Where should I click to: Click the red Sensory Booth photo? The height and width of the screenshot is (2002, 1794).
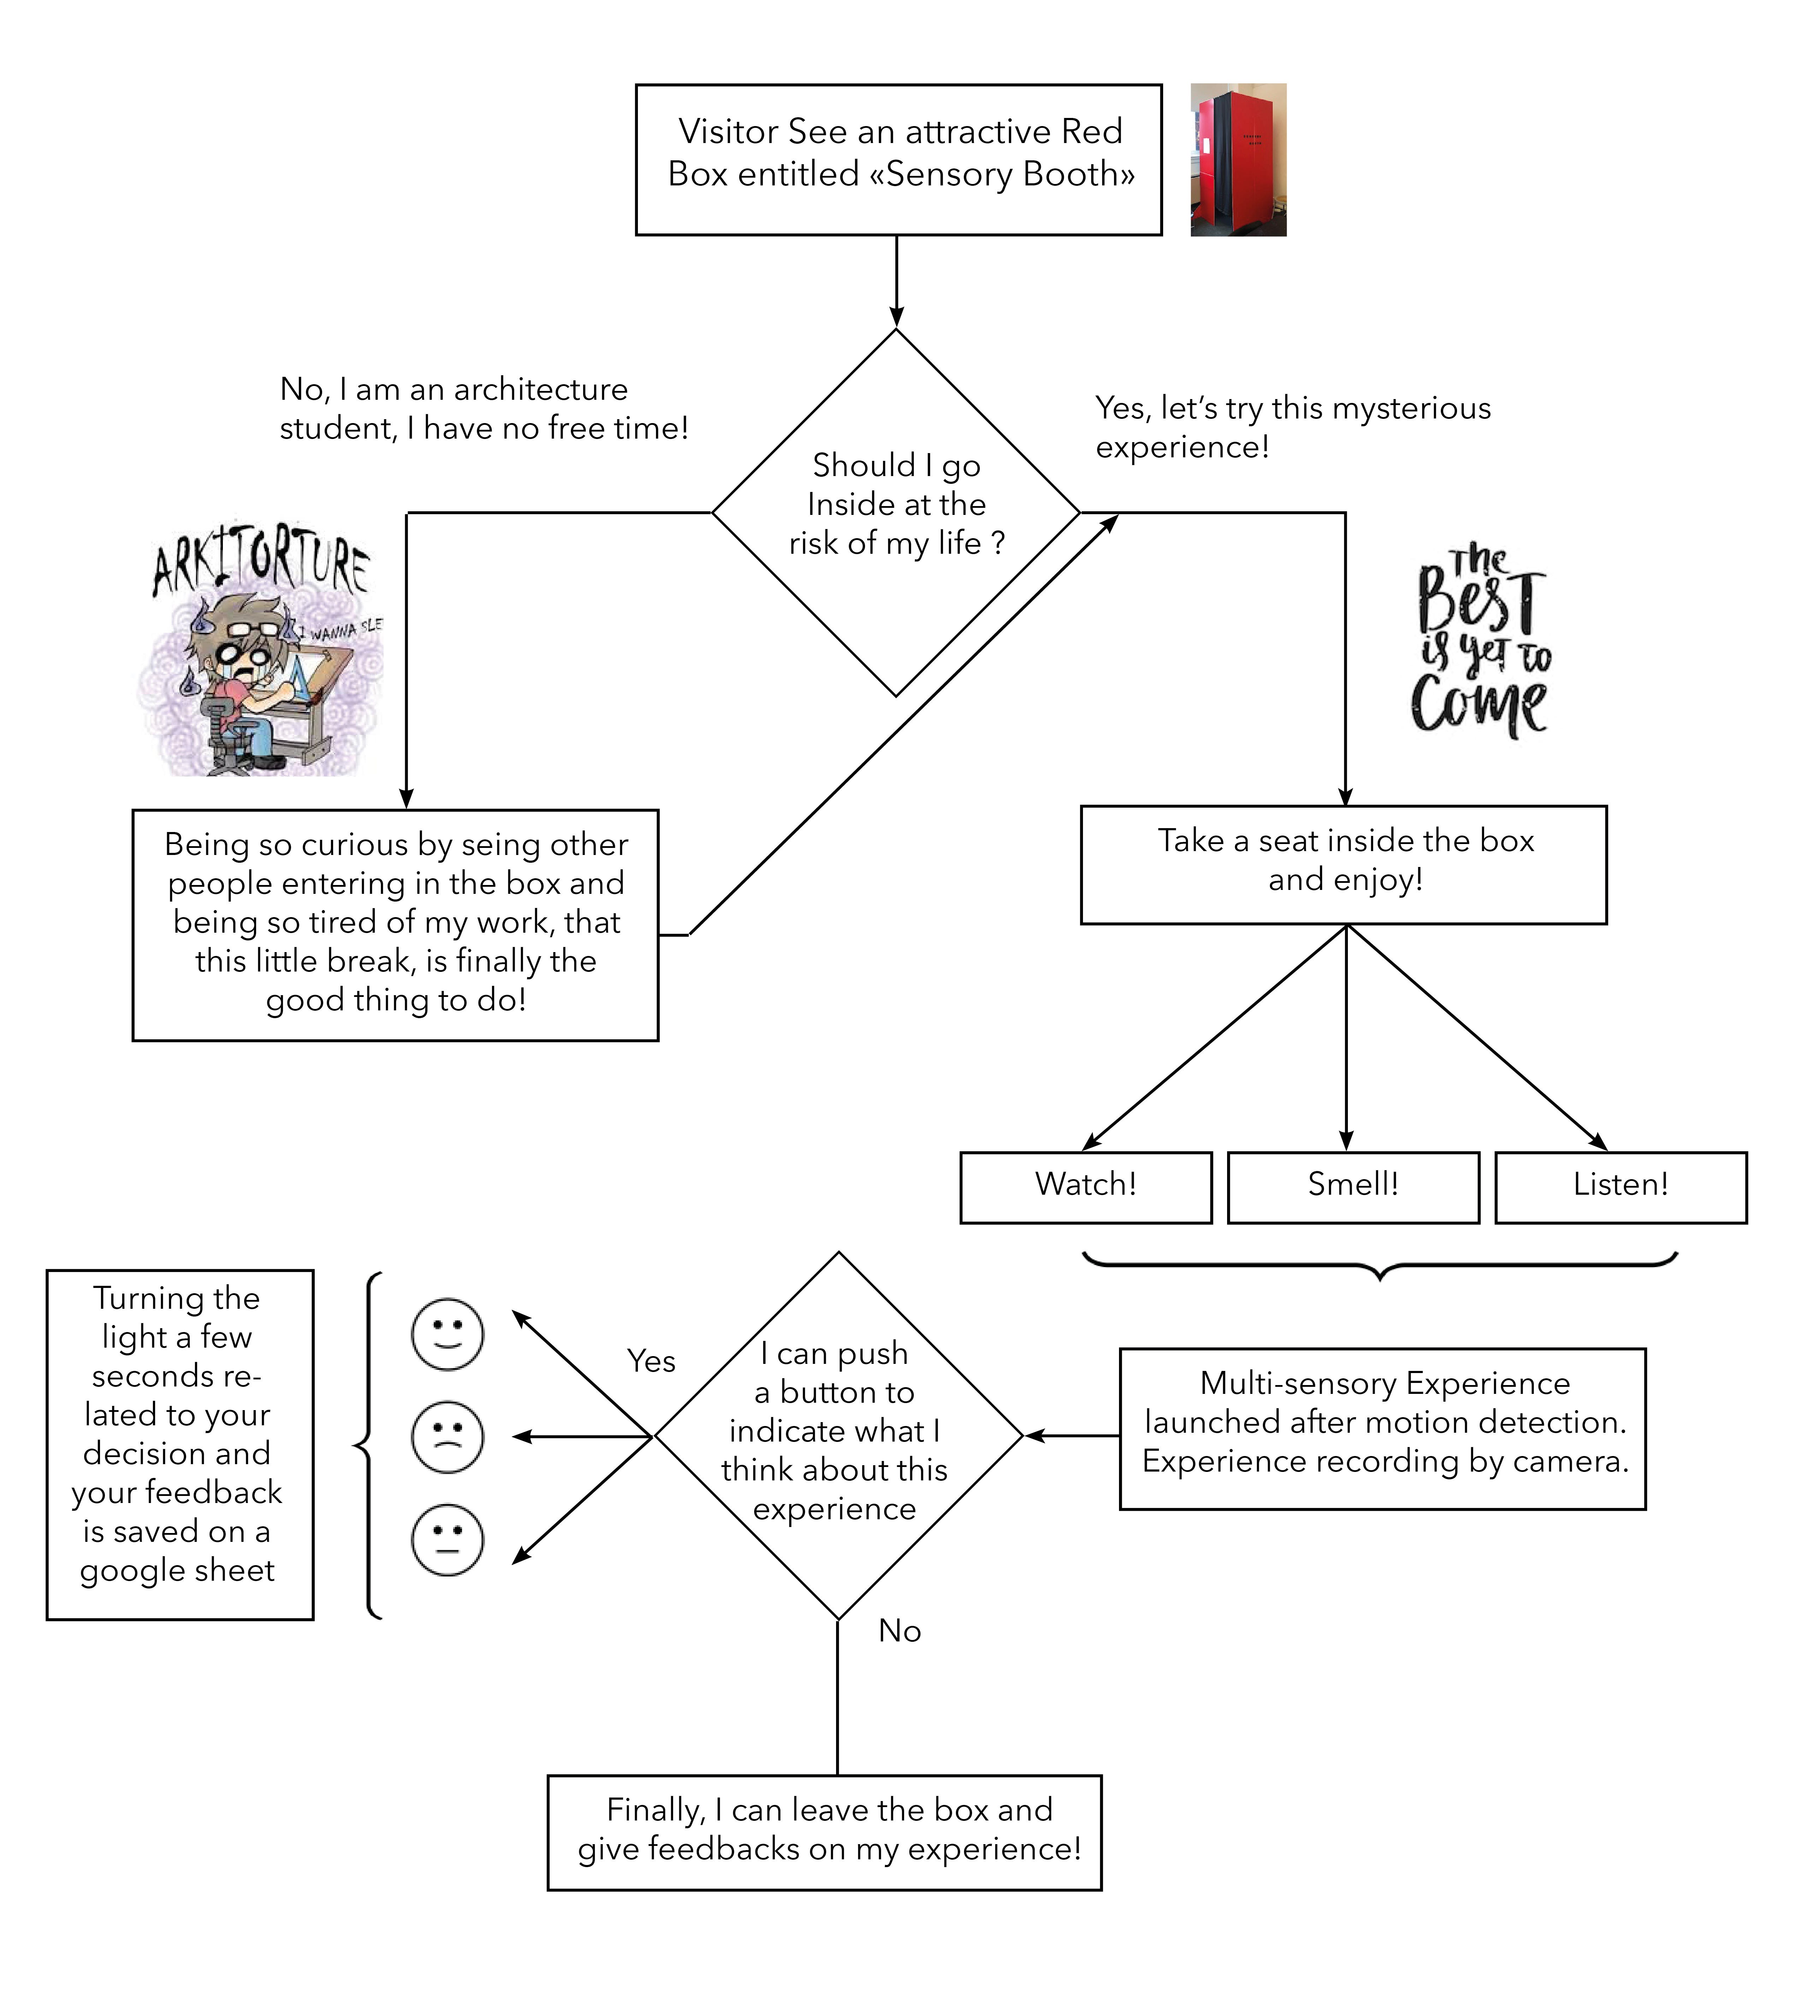click(1238, 160)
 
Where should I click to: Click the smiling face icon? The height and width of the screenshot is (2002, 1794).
click(448, 1335)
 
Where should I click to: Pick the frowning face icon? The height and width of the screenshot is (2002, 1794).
click(448, 1437)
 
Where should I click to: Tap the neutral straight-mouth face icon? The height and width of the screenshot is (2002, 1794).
click(448, 1540)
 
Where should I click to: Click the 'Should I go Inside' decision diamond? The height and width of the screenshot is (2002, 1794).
click(896, 512)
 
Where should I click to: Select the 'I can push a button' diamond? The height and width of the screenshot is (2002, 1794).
click(839, 1436)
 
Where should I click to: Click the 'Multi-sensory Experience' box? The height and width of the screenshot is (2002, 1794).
click(1383, 1428)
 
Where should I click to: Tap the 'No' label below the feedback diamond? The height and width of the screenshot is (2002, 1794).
click(900, 1631)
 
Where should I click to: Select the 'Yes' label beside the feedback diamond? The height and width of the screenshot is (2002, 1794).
click(652, 1361)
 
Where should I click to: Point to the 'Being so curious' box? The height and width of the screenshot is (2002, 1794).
click(395, 925)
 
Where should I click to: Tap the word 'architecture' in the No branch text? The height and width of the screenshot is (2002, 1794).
click(540, 390)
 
